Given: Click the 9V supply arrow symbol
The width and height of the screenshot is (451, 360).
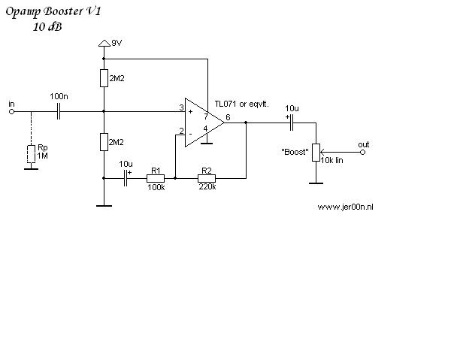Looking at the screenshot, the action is point(104,43).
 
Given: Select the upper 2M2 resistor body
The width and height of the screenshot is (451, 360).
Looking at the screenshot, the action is point(104,78).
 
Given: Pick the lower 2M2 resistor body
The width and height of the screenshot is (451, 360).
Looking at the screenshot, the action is point(104,142).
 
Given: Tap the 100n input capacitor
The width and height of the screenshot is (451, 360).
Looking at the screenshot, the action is point(59,111).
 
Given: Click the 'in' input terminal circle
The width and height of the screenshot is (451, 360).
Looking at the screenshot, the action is point(11,111).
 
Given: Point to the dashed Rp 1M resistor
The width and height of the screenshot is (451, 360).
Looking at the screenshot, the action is point(31,154).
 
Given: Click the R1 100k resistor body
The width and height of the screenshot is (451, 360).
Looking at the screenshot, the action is point(156,178).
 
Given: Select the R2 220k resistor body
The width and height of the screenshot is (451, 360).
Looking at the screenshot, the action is point(207,178).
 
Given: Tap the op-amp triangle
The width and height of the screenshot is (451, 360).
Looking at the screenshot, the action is point(204,123).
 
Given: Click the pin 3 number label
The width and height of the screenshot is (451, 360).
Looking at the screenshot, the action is point(181,107).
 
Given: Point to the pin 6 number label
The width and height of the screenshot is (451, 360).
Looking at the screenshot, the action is point(228,117).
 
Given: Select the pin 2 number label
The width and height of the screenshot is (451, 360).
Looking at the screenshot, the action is point(181,131).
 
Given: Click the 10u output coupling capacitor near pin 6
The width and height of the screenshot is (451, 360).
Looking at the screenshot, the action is point(292,123).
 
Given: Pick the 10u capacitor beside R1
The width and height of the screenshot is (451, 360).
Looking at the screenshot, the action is point(126,178).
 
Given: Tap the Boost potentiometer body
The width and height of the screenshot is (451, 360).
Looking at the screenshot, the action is point(316,153).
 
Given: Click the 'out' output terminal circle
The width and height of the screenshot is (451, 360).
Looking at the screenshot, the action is point(363,152).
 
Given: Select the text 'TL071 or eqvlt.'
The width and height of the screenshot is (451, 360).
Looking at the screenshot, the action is point(241,104).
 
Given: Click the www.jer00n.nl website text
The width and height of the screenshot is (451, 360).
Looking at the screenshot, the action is point(346,207).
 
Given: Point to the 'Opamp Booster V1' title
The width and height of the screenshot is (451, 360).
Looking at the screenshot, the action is point(53,12).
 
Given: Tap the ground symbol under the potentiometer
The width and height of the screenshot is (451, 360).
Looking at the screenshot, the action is point(316,183).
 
